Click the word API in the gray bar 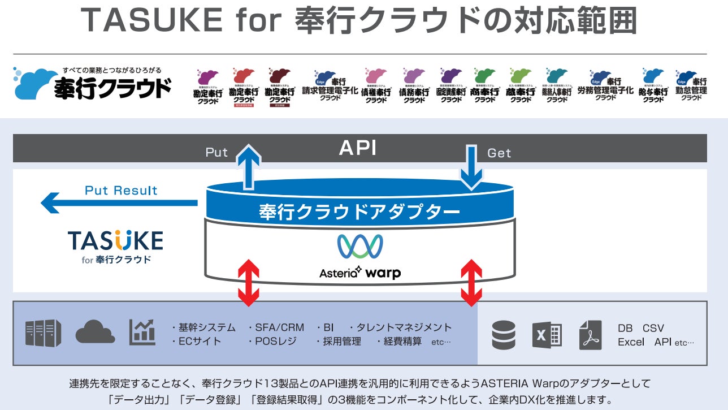pos(357,148)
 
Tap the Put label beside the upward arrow pos(216,153)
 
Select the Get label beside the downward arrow pos(499,153)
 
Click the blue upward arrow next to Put pos(249,165)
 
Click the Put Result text pos(121,190)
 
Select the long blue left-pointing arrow pos(119,202)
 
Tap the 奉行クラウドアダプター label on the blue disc pos(359,212)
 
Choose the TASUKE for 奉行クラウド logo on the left pos(115,246)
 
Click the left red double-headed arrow pos(249,283)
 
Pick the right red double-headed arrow pos(471,283)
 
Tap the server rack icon pos(43,333)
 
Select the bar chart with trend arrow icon pos(142,332)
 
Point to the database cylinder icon pos(504,335)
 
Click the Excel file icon pos(547,335)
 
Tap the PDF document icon pos(590,335)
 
